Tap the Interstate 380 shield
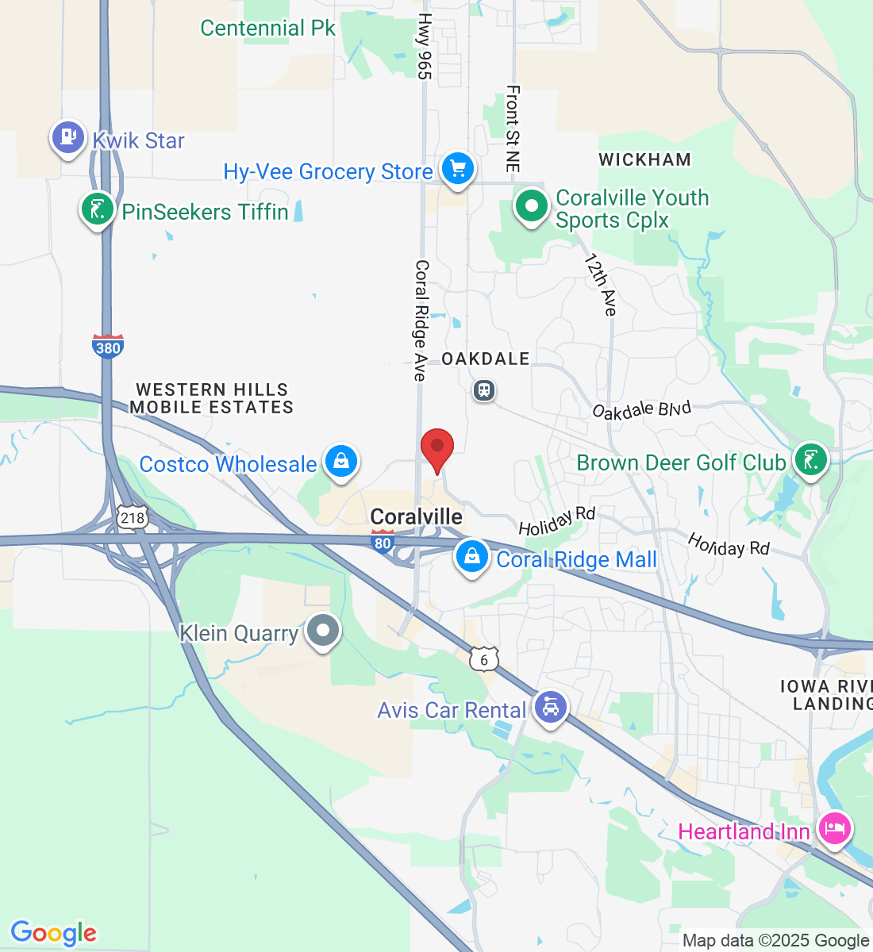[108, 347]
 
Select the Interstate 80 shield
[383, 542]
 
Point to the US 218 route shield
[133, 518]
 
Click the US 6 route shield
[484, 659]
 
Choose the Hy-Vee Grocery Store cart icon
[457, 169]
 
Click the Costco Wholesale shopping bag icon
[341, 462]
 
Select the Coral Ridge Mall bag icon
[471, 557]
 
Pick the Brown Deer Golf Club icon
[810, 460]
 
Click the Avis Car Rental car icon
[551, 706]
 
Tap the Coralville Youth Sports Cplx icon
[531, 206]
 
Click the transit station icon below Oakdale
[484, 390]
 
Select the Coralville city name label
[417, 517]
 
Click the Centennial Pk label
[267, 29]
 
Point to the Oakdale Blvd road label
[642, 409]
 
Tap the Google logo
[53, 933]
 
